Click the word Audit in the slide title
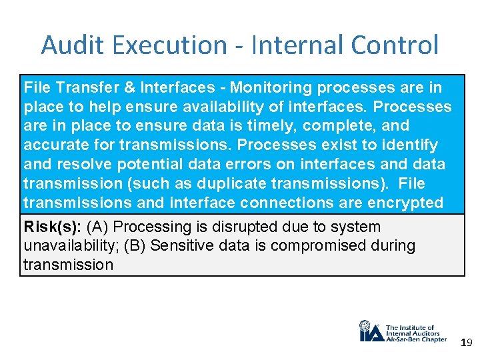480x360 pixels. point(66,45)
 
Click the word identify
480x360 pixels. point(414,145)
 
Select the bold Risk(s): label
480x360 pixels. point(49,227)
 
